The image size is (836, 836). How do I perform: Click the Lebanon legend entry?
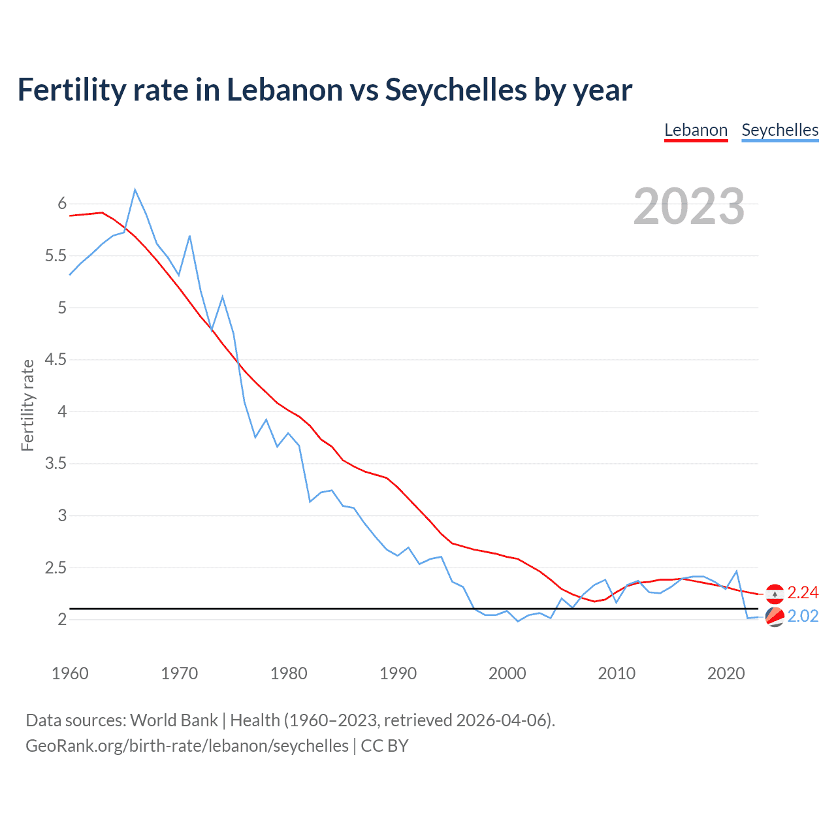point(696,130)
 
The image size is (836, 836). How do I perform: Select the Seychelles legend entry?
point(780,130)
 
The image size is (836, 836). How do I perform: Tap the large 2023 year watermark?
point(689,206)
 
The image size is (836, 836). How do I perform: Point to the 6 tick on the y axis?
point(63,204)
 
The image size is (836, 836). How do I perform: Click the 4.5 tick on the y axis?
point(56,360)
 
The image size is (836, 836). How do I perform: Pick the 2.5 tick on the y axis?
point(56,568)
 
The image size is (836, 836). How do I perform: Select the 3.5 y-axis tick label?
point(56,464)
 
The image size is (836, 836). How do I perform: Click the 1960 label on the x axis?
point(70,673)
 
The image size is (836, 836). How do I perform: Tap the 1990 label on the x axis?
point(398,673)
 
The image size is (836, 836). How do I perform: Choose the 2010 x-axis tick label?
point(617,673)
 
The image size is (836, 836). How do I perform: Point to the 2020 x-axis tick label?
point(726,673)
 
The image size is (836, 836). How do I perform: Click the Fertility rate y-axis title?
point(27,405)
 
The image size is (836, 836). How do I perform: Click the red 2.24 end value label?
point(803,592)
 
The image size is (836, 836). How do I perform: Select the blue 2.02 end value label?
point(803,617)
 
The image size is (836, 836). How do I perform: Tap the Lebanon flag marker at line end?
point(775,593)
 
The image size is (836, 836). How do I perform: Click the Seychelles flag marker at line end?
point(775,617)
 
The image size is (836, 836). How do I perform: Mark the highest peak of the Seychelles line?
point(135,190)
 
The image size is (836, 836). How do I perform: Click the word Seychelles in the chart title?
point(456,89)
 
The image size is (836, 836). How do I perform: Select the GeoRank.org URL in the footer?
point(187,746)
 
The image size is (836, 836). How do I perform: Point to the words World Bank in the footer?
point(174,720)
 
